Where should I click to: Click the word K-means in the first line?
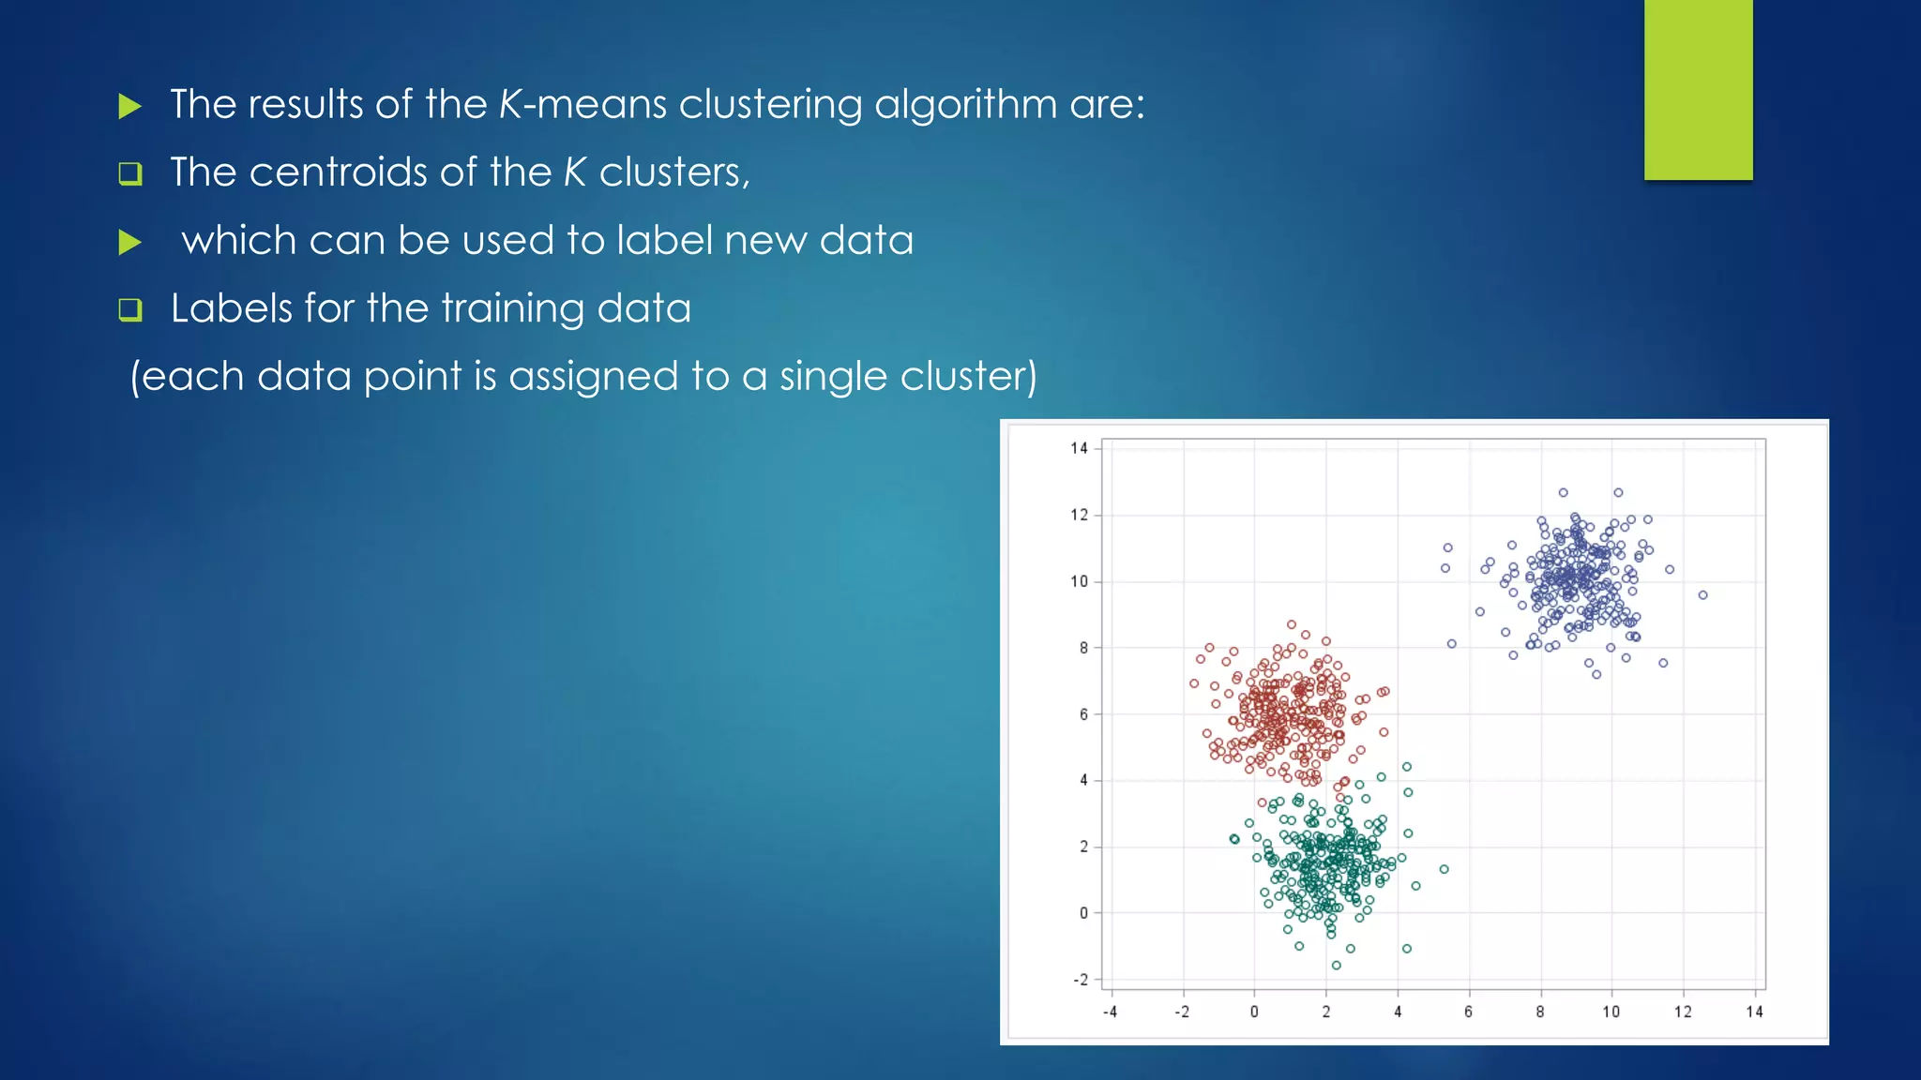point(582,104)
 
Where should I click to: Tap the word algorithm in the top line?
point(965,104)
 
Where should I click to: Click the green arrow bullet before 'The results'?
point(130,106)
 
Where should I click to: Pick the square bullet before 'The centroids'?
point(130,174)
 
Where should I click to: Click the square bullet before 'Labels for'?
point(130,310)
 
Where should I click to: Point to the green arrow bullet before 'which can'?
point(130,243)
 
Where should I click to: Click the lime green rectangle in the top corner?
point(1698,89)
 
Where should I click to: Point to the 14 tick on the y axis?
point(1079,448)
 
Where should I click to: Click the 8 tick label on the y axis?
point(1083,648)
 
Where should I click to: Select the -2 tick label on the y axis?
point(1081,980)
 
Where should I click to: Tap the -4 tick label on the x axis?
point(1110,1012)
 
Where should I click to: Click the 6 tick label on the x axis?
point(1468,1012)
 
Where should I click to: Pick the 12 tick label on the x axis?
point(1683,1012)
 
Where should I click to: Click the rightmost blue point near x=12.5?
point(1702,595)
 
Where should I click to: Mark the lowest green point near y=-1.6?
point(1337,966)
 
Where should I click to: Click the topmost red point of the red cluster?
point(1292,624)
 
